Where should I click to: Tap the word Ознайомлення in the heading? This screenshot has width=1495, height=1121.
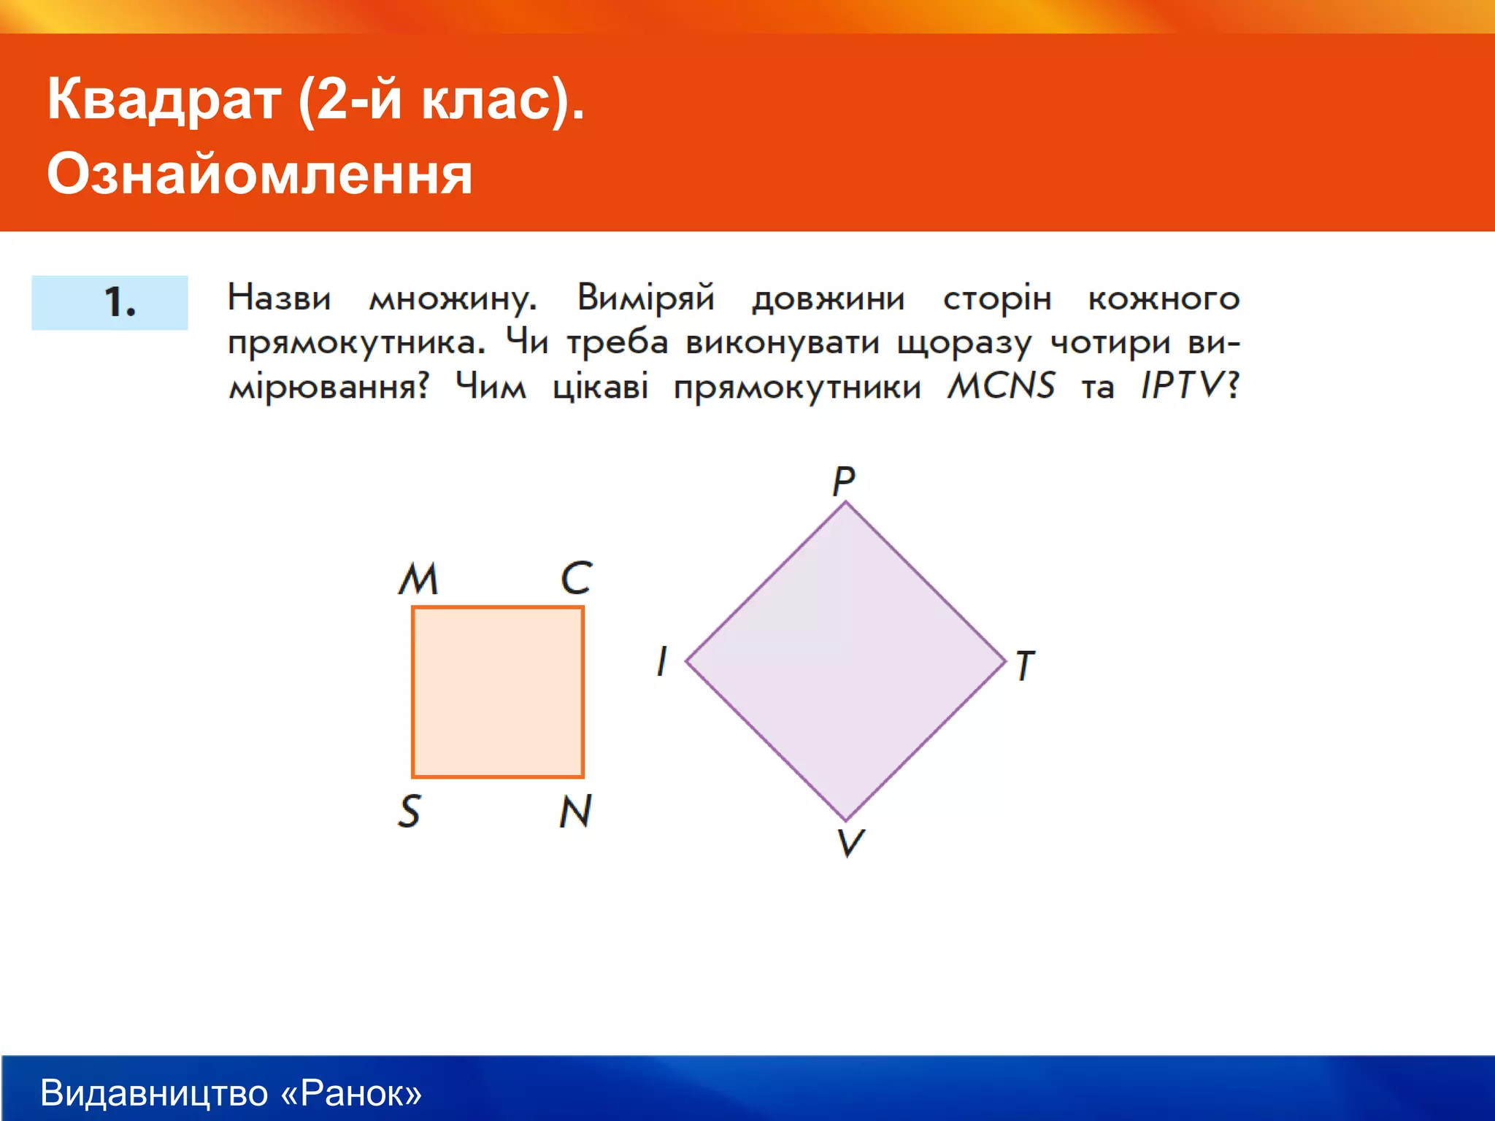(260, 174)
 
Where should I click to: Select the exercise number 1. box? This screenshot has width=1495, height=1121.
(109, 302)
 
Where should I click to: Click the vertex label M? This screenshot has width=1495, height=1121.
(418, 579)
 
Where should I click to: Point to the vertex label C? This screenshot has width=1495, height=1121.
(576, 578)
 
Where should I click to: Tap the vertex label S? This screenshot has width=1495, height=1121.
(410, 812)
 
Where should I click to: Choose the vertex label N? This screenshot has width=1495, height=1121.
(575, 811)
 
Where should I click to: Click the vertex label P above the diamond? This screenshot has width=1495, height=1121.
(843, 481)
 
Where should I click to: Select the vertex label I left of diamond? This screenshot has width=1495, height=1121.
(661, 661)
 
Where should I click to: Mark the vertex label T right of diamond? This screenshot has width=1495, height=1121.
(1025, 665)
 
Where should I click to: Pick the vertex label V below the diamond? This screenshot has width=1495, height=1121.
(850, 843)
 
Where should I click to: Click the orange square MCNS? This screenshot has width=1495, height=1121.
(498, 692)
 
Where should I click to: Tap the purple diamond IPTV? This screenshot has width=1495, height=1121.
(845, 661)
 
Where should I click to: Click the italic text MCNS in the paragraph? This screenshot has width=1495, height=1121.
(1001, 385)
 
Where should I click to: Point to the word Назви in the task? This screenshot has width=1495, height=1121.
(279, 298)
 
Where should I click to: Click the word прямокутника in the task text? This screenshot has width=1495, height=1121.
(356, 343)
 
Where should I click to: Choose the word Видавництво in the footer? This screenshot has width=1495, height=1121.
(155, 1093)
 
